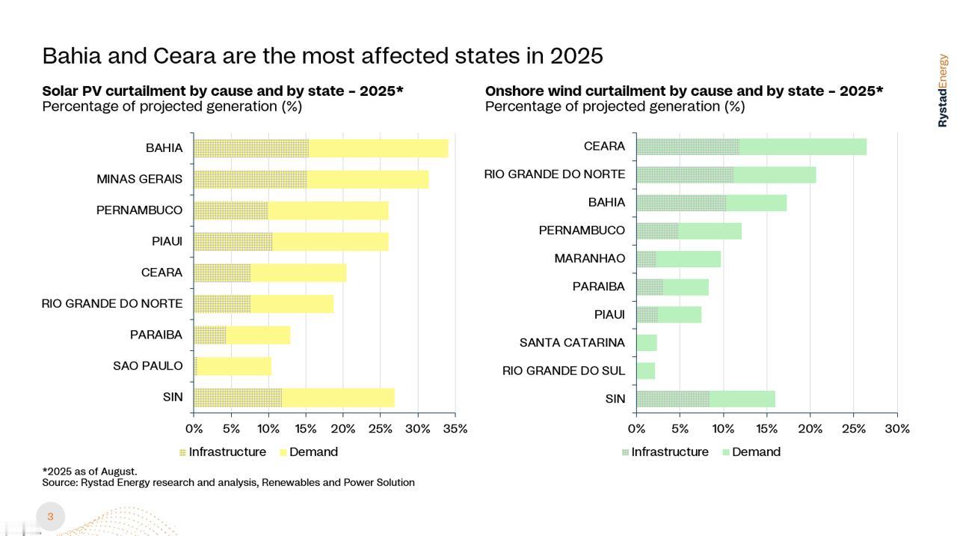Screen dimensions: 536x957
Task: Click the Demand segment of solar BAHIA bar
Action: pyautogui.click(x=378, y=148)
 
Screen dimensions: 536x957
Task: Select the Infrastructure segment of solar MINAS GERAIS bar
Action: pyautogui.click(x=250, y=180)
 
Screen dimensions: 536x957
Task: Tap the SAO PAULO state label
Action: pyautogui.click(x=148, y=366)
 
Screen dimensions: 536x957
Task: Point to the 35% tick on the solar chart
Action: pyautogui.click(x=455, y=429)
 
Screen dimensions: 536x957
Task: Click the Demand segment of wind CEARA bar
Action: pyautogui.click(x=802, y=147)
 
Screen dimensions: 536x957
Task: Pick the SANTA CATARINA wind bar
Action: pyautogui.click(x=647, y=343)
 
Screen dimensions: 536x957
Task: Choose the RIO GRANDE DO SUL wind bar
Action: pyautogui.click(x=646, y=371)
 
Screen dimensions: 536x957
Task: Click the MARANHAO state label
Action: pyautogui.click(x=589, y=259)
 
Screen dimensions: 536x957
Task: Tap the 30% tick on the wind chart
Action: pyautogui.click(x=897, y=429)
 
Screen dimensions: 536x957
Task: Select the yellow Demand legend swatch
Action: pyautogui.click(x=283, y=453)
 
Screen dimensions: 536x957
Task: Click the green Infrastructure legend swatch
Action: pyautogui.click(x=625, y=453)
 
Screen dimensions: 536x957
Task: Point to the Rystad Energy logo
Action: pyautogui.click(x=943, y=90)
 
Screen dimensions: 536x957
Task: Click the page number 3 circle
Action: pyautogui.click(x=50, y=517)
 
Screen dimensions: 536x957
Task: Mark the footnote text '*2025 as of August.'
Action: pyautogui.click(x=90, y=472)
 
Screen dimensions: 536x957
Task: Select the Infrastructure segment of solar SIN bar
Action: pyautogui.click(x=238, y=398)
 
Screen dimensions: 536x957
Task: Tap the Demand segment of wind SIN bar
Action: pyautogui.click(x=742, y=399)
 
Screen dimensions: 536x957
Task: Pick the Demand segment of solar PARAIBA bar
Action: pyautogui.click(x=258, y=335)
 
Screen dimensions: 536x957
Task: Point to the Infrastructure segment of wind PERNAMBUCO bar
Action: pyautogui.click(x=657, y=231)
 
